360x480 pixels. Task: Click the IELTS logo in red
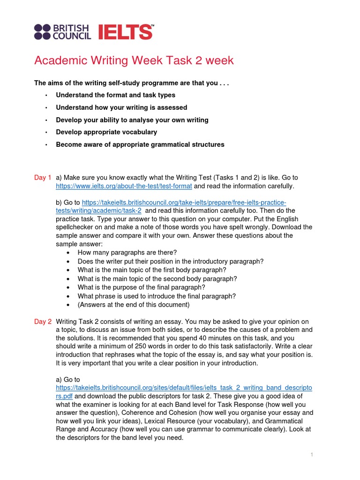click(126, 32)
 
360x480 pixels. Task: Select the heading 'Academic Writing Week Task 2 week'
click(134, 61)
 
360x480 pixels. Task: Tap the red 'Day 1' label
click(43, 178)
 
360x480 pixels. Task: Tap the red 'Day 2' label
click(43, 322)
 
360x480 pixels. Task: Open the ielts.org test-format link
click(124, 186)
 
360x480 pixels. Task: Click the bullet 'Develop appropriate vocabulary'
click(106, 132)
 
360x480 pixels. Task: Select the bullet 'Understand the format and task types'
click(115, 95)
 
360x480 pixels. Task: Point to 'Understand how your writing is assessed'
click(121, 107)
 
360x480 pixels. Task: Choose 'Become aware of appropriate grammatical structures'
click(140, 144)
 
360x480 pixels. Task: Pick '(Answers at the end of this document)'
click(134, 305)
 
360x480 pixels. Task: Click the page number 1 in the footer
click(311, 455)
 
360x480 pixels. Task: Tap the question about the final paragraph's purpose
click(142, 287)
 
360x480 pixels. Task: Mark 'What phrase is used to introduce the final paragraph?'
click(157, 296)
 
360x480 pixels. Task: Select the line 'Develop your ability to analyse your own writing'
click(132, 120)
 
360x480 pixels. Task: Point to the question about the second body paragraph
click(157, 278)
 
